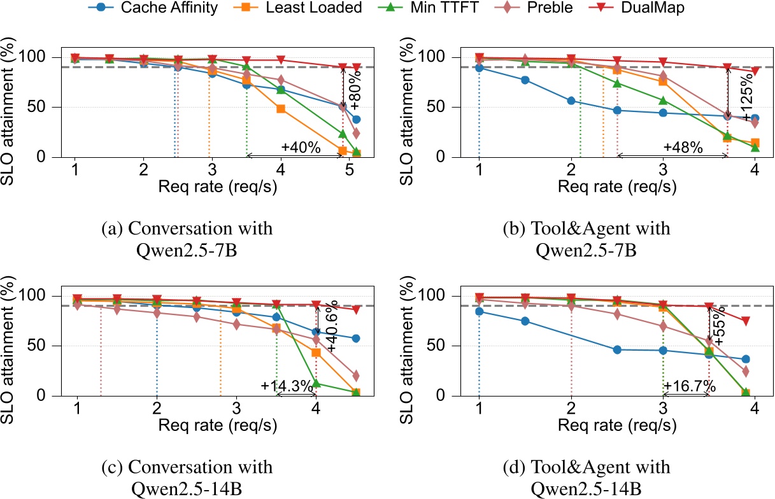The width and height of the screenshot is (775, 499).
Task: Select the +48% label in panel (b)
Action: click(x=682, y=148)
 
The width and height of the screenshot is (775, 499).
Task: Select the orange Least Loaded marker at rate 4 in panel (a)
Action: click(x=280, y=109)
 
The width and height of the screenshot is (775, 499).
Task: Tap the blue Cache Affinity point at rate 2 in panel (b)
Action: click(x=571, y=101)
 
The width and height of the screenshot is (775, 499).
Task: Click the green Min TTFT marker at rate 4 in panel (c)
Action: click(x=316, y=383)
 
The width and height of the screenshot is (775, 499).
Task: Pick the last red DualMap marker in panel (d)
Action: click(x=745, y=321)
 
